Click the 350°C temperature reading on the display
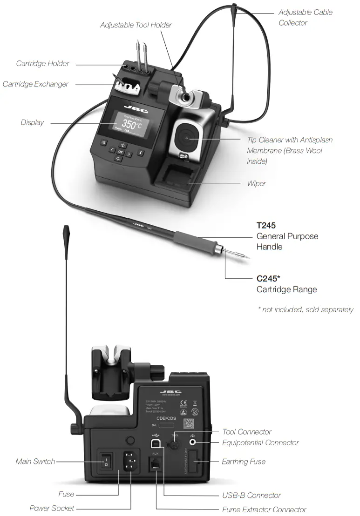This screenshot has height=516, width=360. point(132,124)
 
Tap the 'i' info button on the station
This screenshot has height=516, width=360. point(141,153)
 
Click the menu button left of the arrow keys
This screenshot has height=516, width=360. point(103,142)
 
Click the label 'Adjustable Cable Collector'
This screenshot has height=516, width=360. point(305,17)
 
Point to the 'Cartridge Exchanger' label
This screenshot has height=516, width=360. point(35,84)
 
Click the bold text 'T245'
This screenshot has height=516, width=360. point(266,226)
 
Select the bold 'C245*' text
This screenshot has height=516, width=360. point(268,279)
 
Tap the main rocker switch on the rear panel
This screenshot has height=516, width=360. point(106,462)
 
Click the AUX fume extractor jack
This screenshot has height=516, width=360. point(155,464)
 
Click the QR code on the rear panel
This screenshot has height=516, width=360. point(189,424)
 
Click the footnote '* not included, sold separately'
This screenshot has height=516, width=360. point(306,309)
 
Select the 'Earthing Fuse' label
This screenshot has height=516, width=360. point(243,462)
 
